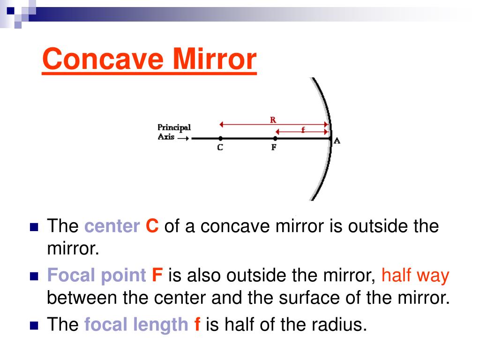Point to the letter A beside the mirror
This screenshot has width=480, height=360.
336,141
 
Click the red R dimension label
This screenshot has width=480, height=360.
272,120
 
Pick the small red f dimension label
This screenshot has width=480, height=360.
302,130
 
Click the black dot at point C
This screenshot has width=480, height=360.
220,138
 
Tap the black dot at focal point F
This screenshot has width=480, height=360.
275,138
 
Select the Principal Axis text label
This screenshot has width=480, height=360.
173,132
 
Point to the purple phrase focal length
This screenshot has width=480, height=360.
136,324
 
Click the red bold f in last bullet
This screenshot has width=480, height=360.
197,324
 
